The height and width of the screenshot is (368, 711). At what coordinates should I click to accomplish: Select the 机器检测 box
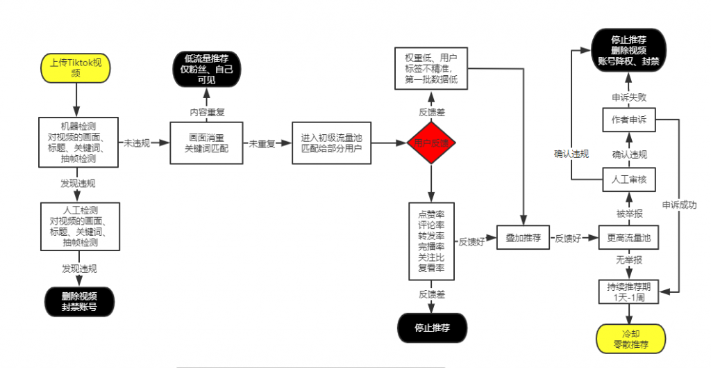tap(78, 143)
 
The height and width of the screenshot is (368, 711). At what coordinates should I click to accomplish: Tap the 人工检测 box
tap(78, 225)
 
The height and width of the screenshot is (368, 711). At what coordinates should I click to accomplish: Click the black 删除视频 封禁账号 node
tap(78, 300)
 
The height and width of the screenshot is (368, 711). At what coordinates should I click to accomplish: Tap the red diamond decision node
tap(431, 143)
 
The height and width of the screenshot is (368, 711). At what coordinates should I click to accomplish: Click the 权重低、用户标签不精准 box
tap(431, 68)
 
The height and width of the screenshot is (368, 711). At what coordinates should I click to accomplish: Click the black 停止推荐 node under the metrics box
tap(432, 328)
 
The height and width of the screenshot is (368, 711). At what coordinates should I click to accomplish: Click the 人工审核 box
tap(629, 179)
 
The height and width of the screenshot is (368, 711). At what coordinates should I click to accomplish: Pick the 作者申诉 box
tap(629, 120)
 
